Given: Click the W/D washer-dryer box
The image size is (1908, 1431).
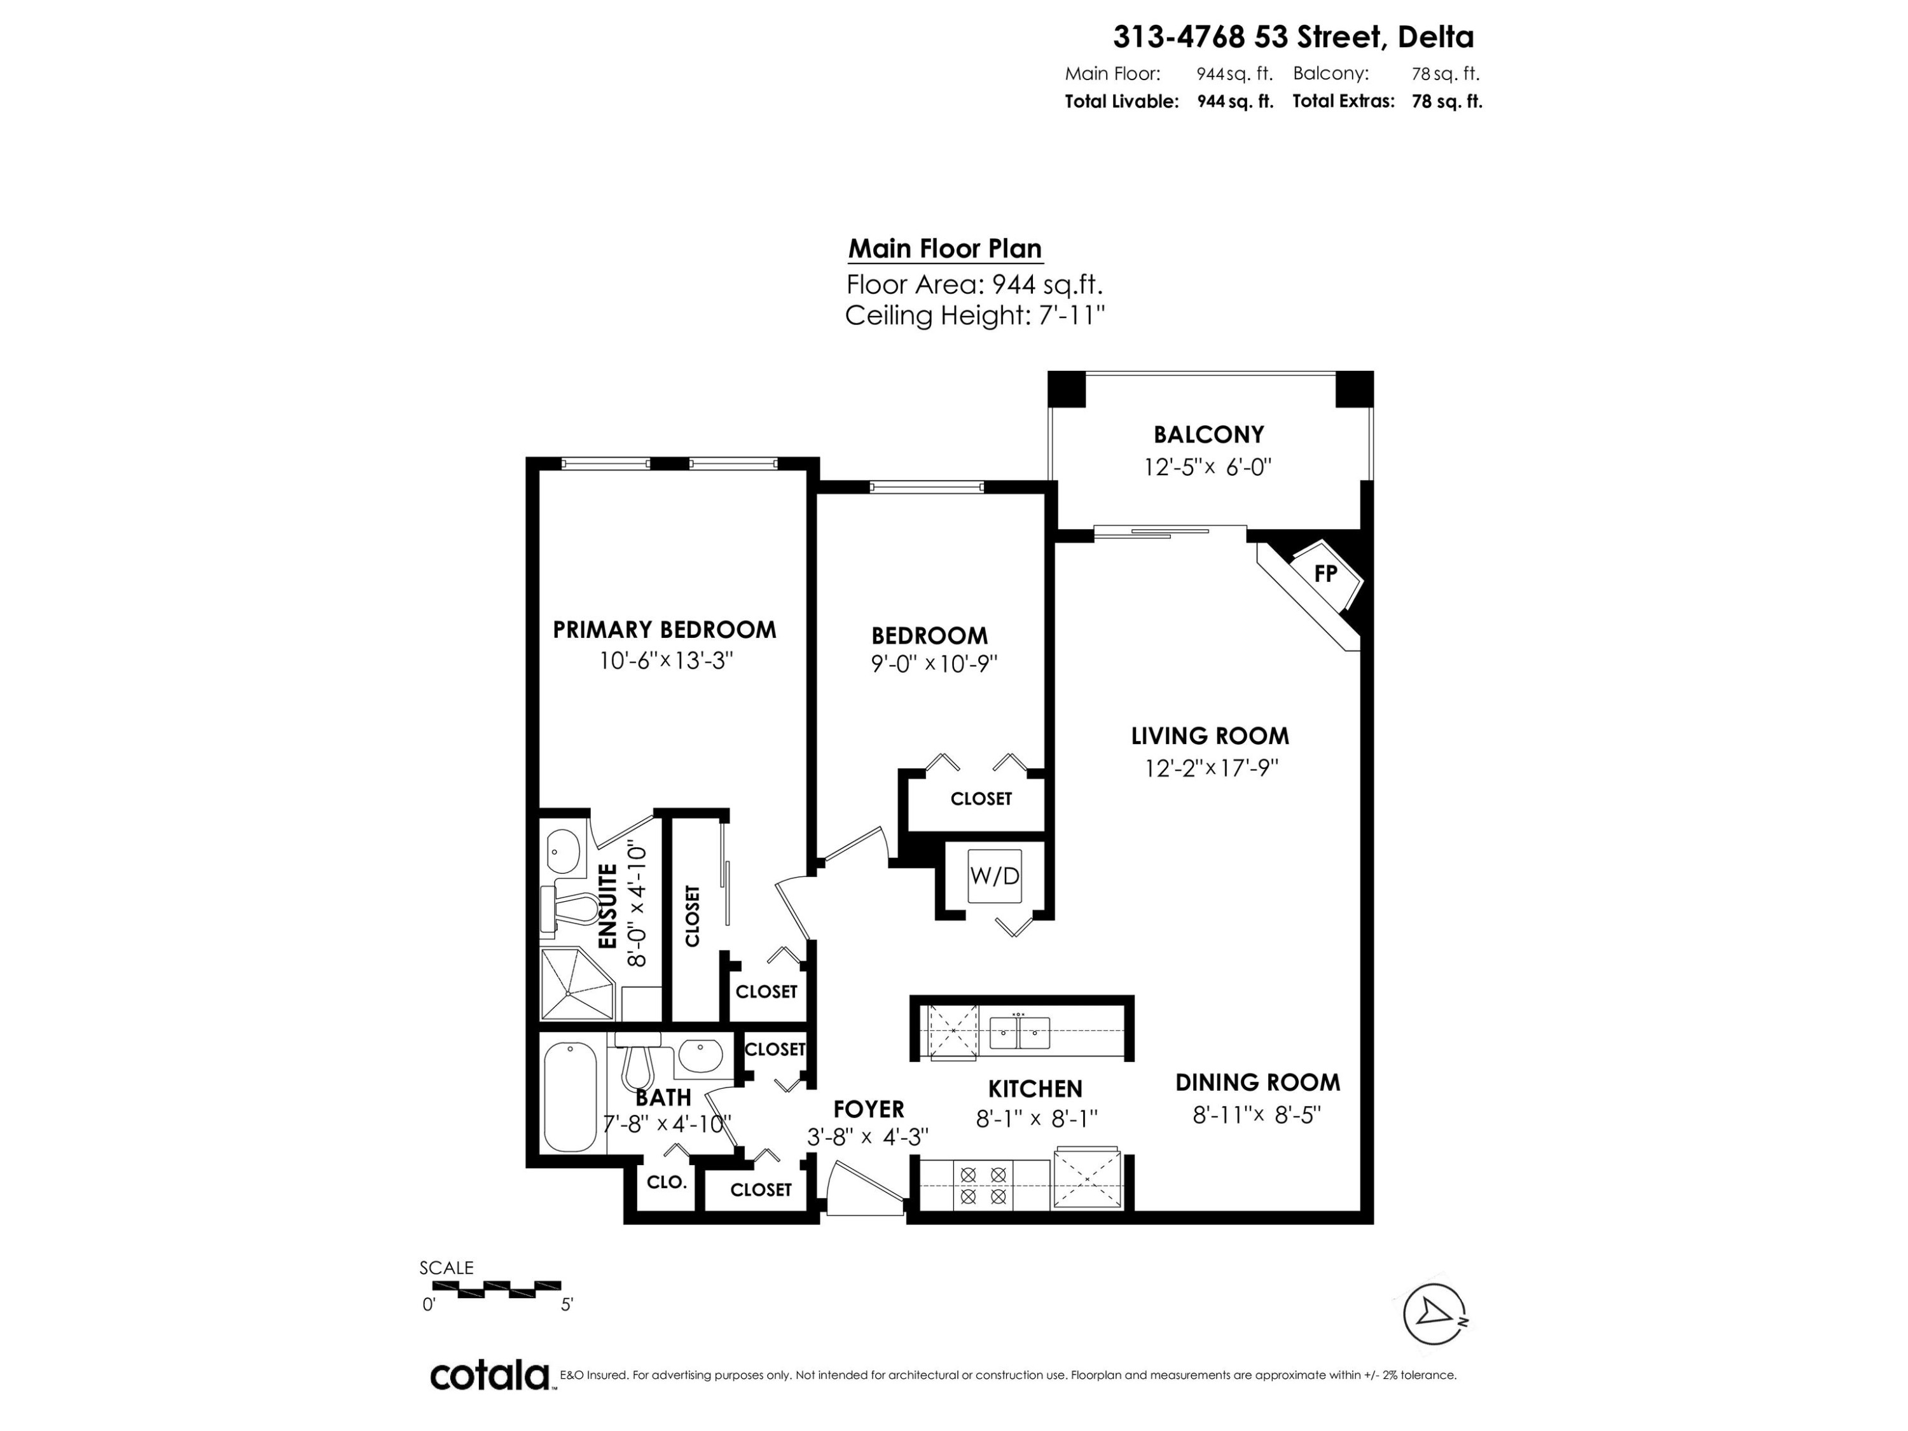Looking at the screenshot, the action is click(995, 876).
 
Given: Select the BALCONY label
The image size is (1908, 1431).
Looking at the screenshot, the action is click(1208, 434).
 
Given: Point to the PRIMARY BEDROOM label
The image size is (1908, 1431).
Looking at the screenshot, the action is click(664, 630).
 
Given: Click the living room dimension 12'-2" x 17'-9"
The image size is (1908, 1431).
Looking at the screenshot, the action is click(1211, 768).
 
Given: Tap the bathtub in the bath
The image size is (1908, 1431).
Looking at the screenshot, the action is click(570, 1096).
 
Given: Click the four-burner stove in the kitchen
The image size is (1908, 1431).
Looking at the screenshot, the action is click(983, 1185).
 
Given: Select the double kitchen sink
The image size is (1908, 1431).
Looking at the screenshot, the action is click(1020, 1032).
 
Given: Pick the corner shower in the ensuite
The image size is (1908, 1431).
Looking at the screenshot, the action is click(576, 983).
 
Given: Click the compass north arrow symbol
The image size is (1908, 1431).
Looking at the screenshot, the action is click(1434, 1314).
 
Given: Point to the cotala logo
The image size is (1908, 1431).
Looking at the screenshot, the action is click(490, 1375).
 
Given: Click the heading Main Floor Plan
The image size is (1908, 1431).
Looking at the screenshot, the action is click(945, 249).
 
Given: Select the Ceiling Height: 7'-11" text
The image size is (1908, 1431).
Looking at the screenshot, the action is click(975, 315).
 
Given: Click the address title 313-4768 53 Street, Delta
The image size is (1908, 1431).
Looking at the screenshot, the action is click(1293, 37).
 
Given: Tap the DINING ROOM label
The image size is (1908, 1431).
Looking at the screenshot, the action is click(1257, 1082).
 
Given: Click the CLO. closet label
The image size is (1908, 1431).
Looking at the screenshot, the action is click(667, 1182).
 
